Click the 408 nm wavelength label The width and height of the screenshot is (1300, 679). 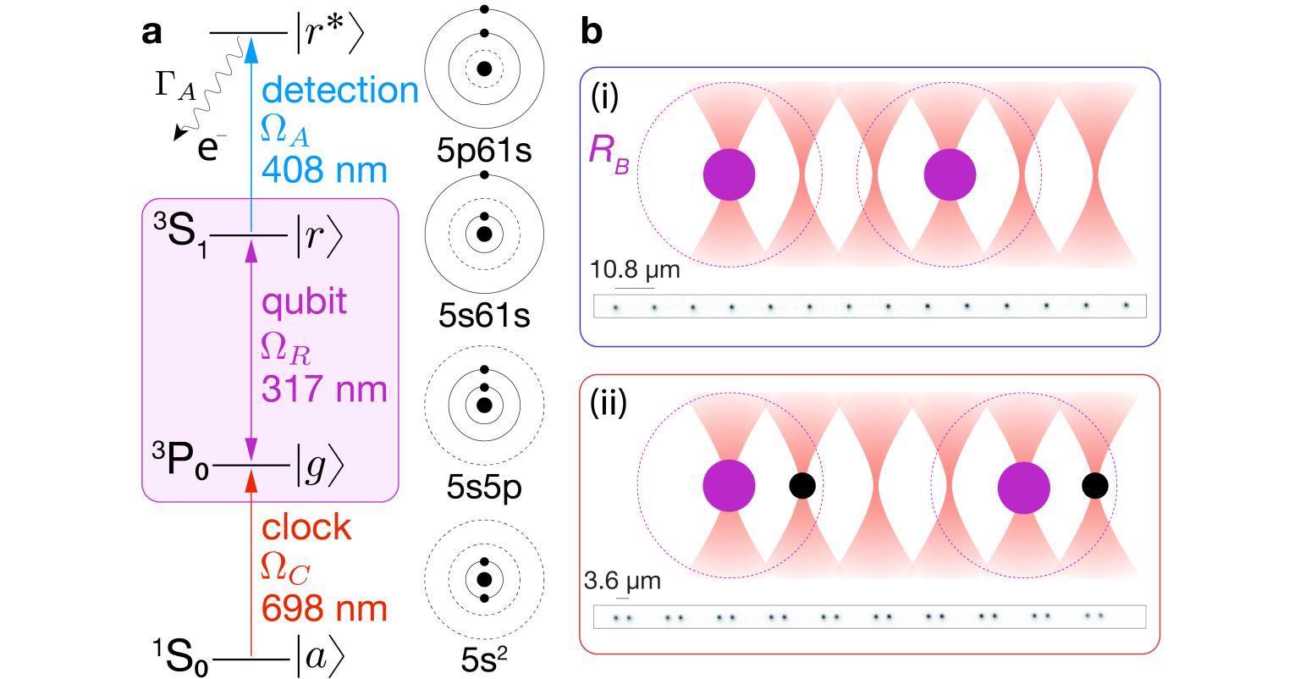[325, 171]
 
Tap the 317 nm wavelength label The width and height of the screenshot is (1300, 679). [325, 389]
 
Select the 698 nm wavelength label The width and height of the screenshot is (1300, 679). [325, 609]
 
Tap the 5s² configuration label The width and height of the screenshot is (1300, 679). [483, 659]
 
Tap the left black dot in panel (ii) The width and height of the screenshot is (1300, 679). [802, 485]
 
